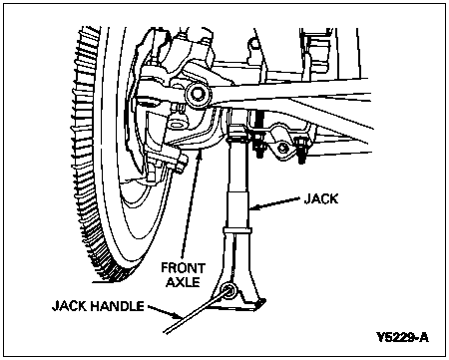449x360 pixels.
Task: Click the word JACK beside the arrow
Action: pyautogui.click(x=321, y=198)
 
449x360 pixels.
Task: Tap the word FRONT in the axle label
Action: pyautogui.click(x=184, y=267)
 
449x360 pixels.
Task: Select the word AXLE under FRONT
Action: pyautogui.click(x=184, y=282)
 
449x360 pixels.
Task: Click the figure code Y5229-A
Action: pyautogui.click(x=403, y=337)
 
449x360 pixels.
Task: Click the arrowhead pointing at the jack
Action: pyautogui.click(x=253, y=207)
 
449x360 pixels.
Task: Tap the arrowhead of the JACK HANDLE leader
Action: pyautogui.click(x=178, y=315)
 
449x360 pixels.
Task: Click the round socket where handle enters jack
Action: pyautogui.click(x=229, y=290)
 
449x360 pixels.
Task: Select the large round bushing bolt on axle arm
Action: pyautogui.click(x=198, y=94)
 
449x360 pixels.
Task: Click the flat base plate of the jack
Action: pyautogui.click(x=236, y=305)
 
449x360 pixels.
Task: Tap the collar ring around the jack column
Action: pyautogui.click(x=237, y=230)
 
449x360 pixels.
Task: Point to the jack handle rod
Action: pyautogui.click(x=197, y=310)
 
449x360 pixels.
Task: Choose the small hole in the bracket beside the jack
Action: pyautogui.click(x=282, y=147)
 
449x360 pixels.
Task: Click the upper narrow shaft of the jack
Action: pyautogui.click(x=238, y=167)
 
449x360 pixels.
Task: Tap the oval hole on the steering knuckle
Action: pyautogui.click(x=177, y=125)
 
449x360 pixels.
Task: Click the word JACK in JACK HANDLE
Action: pyautogui.click(x=70, y=306)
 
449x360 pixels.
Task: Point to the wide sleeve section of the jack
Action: pyautogui.click(x=238, y=209)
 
